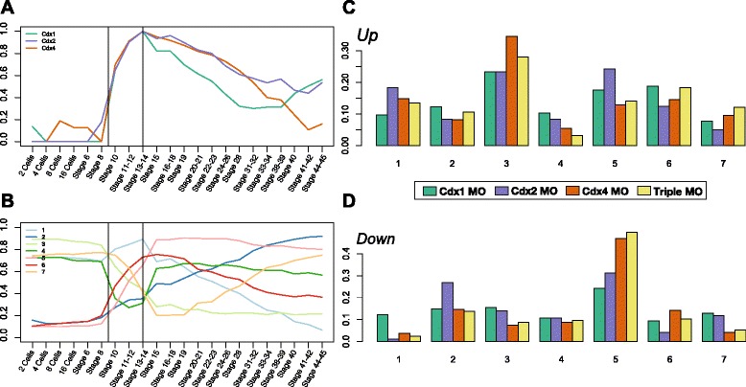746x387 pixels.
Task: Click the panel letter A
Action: (x=9, y=9)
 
